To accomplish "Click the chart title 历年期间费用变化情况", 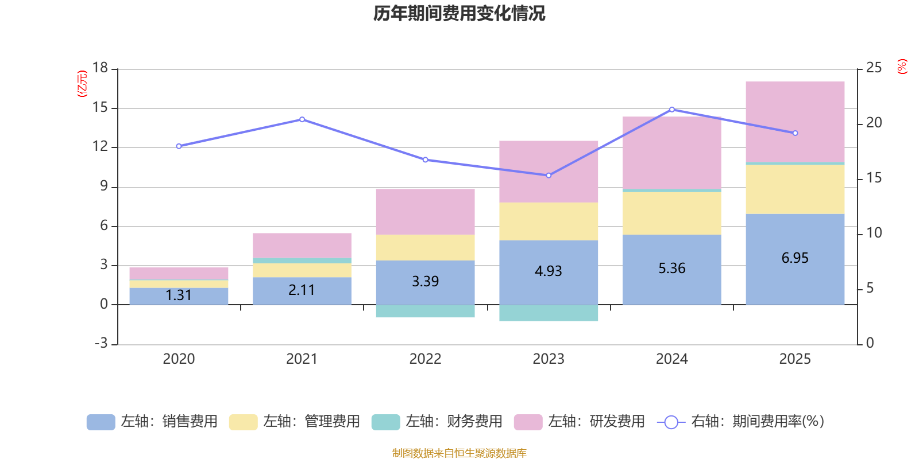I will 459,13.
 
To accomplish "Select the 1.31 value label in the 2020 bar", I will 179,295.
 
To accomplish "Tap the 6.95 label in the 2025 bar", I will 795,258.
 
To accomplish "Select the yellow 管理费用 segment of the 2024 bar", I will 672,213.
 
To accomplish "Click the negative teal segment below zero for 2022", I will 425,312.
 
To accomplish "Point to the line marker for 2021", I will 302,119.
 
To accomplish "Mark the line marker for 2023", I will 549,176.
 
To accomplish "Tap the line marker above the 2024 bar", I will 672,109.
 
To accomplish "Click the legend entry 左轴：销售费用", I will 152,422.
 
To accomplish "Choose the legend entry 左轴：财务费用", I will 437,422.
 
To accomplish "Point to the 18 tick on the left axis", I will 100,68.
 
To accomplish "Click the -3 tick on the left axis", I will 101,343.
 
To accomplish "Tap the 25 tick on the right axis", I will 874,68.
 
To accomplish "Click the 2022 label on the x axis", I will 425,359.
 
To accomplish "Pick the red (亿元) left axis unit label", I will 82,84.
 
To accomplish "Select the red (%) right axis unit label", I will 902,67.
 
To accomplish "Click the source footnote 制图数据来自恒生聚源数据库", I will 459,453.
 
